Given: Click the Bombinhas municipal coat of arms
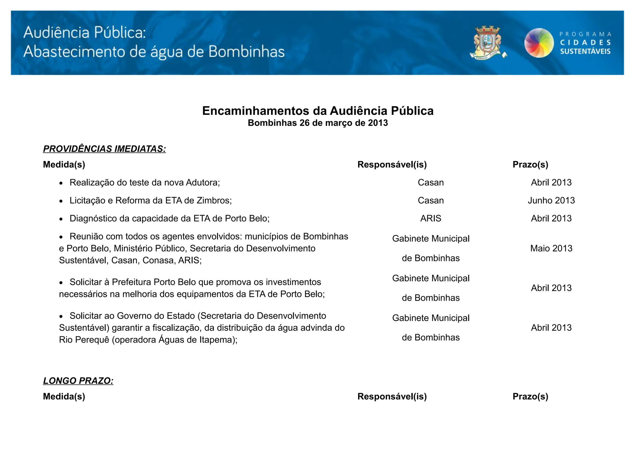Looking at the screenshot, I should pos(487,43).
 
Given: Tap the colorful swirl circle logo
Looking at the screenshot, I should pos(539,43).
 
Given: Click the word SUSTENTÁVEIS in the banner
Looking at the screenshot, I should pos(585,52).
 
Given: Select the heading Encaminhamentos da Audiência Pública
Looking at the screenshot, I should pos(318,111).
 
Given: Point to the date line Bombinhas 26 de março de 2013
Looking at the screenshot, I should pos(318,123).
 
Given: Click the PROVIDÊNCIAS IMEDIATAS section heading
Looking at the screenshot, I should pos(104,149).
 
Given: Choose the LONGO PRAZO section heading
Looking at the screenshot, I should pos(78,381).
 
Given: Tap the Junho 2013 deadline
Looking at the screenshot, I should pos(551,200).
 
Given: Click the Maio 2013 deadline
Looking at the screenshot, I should pos(551,248).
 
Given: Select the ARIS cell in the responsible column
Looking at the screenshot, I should pos(431,218).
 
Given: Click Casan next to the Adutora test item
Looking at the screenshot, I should pos(431,182).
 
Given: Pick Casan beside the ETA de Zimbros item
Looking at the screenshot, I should pos(431,200).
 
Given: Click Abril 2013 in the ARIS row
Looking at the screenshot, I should pos(551,218).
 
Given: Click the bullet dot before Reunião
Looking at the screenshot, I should pos(61,237).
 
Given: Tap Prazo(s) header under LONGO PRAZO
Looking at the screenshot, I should pos(530,397).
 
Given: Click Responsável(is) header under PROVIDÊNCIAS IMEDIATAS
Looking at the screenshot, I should pos(392,164).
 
